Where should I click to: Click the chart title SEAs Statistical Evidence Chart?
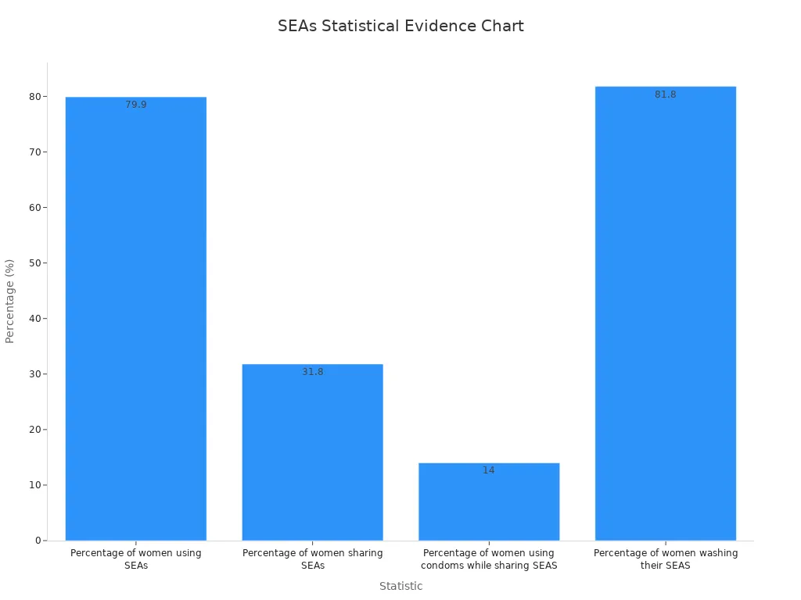(400, 26)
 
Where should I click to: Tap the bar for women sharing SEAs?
(313, 452)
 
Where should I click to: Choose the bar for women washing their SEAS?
(666, 313)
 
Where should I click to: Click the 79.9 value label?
(136, 105)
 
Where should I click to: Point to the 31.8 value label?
(313, 372)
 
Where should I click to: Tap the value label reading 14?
(489, 470)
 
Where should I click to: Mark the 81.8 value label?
(666, 95)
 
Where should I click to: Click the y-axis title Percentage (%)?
(10, 301)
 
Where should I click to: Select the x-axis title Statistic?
(400, 587)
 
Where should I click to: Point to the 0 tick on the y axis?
(38, 541)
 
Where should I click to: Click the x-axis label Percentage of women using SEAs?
(136, 559)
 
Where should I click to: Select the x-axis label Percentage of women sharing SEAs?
(313, 559)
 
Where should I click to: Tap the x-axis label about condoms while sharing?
(489, 559)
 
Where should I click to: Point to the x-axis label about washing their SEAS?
(666, 559)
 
